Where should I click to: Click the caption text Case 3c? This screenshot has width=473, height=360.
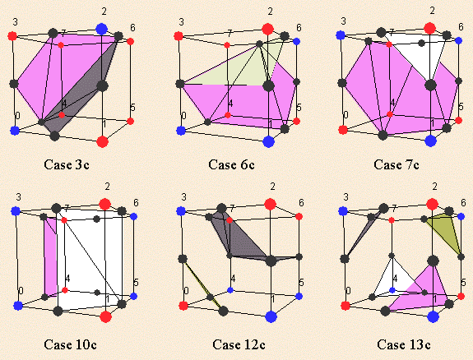point(67,164)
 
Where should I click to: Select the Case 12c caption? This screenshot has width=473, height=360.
point(239,344)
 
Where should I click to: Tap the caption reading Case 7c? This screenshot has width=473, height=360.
point(396,164)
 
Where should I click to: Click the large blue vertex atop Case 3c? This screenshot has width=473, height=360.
point(102,30)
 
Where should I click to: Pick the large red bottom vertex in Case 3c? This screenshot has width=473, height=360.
point(103,141)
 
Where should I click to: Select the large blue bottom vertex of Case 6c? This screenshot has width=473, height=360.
point(268,141)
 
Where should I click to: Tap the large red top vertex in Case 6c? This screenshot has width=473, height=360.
point(267,30)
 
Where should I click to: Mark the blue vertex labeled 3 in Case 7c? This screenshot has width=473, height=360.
point(341,35)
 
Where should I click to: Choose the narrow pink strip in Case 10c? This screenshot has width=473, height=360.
point(51,256)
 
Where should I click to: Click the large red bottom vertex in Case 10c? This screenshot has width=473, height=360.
point(105,316)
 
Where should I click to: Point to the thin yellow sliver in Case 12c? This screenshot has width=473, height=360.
point(202,284)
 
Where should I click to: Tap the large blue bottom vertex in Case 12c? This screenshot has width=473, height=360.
point(271,316)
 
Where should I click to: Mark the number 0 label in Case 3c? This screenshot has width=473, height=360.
point(18,116)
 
